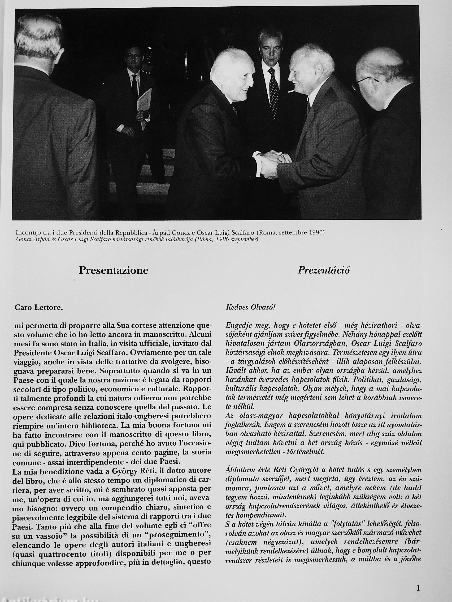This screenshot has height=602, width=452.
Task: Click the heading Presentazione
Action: click(113, 270)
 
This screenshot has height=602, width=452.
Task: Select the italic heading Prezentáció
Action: click(324, 270)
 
